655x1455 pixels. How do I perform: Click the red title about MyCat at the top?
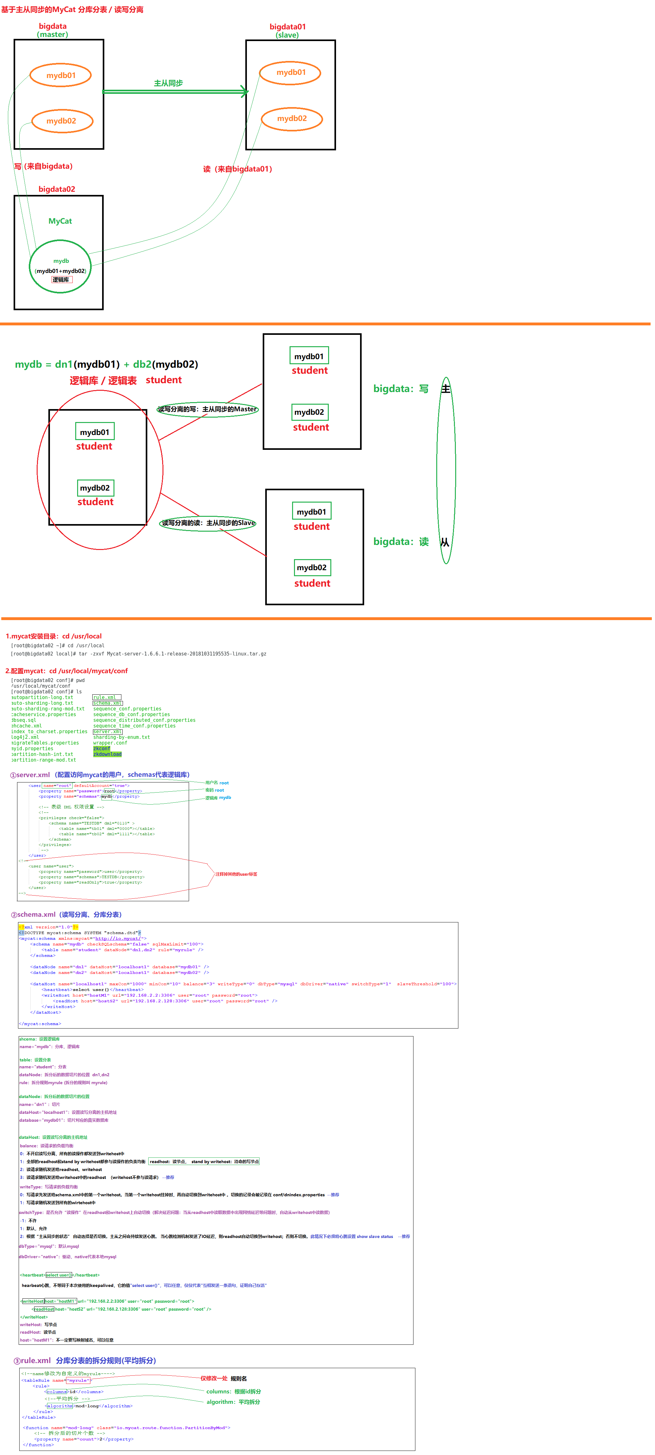tap(72, 9)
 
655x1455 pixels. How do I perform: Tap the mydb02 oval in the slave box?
tap(291, 118)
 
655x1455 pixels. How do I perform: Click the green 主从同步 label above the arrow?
tap(168, 83)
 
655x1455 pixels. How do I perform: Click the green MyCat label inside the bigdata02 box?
tap(60, 221)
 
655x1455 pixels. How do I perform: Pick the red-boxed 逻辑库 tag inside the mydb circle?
tap(61, 280)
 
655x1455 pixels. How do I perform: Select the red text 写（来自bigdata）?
tap(44, 166)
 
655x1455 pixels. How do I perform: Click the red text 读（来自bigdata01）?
tap(237, 169)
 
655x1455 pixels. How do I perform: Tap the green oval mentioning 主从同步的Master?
tap(207, 409)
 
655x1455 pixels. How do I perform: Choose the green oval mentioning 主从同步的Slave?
tap(208, 523)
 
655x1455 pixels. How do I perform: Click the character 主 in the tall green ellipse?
tap(446, 389)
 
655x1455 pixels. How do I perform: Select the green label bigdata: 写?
tap(401, 389)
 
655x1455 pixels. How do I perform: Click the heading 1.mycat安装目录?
tap(54, 636)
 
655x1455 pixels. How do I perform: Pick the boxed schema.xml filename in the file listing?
tap(107, 703)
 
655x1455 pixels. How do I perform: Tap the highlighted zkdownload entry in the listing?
tap(107, 754)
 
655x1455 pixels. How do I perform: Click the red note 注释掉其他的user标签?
tap(236, 874)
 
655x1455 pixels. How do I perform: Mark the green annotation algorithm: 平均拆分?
tap(233, 1402)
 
